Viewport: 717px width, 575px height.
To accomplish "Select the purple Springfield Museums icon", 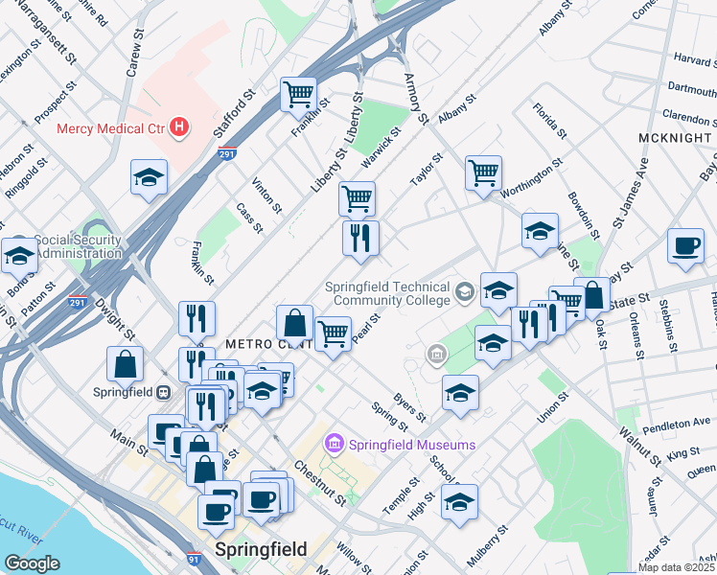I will click(335, 444).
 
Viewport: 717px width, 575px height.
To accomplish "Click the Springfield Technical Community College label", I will click(387, 293).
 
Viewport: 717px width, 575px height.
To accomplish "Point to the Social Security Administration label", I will click(78, 247).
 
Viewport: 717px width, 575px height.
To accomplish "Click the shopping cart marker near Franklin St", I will click(299, 95).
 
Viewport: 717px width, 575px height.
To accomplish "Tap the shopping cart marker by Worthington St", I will click(483, 173).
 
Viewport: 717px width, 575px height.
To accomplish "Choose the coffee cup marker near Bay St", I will click(685, 245).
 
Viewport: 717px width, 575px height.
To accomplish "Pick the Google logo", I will click(32, 564).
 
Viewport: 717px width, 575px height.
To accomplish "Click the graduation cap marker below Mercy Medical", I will click(150, 177).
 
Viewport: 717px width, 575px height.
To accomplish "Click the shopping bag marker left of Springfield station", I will click(126, 364).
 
